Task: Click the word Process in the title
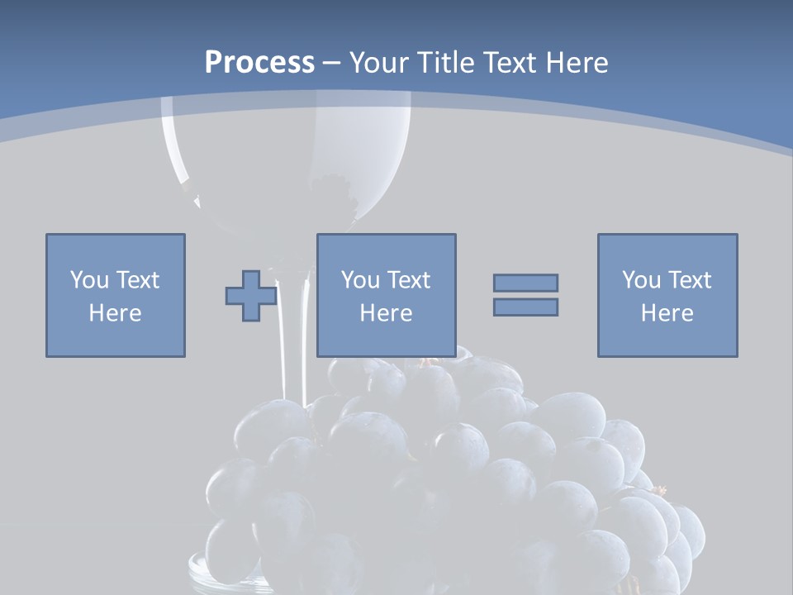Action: point(259,63)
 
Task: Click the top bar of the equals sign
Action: point(525,283)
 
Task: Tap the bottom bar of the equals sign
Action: point(525,307)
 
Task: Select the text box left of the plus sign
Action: point(116,295)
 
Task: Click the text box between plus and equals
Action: point(387,295)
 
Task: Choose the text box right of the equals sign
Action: point(667,295)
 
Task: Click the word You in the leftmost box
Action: point(89,280)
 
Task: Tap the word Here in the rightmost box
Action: point(667,313)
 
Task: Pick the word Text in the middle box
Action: point(408,280)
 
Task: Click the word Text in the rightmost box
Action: point(689,280)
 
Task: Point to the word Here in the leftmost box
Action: point(116,313)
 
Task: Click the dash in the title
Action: point(332,63)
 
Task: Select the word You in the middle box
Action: point(360,280)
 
